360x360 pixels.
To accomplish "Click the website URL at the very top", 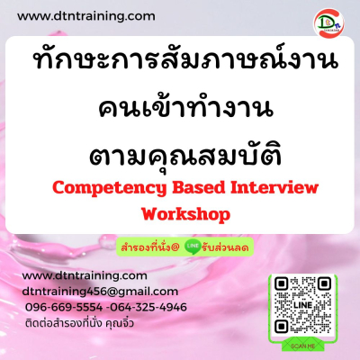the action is pos(86,16).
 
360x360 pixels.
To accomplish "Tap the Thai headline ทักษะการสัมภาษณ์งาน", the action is pos(185,59).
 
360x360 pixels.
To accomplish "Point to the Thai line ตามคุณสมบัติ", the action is pos(185,155).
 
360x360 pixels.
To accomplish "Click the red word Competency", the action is pos(109,188).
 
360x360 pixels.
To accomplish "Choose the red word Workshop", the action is pos(186,214).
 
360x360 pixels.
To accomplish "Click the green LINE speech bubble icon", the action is pos(193,247).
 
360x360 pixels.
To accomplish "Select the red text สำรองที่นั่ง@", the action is pos(150,247).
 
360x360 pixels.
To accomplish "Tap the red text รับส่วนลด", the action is pos(225,247).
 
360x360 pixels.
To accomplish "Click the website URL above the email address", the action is pos(85,275).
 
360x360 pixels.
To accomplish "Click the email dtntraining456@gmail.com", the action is pos(100,292).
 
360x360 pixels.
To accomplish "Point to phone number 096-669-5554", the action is pos(64,307).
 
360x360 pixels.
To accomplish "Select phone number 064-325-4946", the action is pos(148,307).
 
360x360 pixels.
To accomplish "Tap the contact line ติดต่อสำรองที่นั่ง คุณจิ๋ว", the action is pos(79,323).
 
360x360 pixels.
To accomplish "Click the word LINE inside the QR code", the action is pos(302,305).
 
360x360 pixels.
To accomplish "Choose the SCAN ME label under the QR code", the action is pos(302,346).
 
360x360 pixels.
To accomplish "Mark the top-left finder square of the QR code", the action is pos(282,283).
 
